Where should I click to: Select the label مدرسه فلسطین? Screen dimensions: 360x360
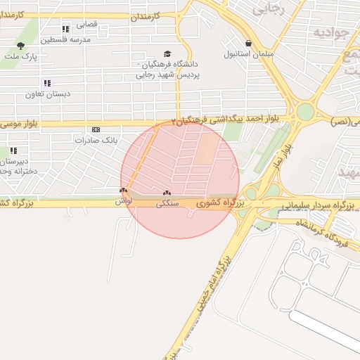[65, 39]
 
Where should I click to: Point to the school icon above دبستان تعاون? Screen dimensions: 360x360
[47, 83]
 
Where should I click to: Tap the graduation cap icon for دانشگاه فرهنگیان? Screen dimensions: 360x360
[167, 54]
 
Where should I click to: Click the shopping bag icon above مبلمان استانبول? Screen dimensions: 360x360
[248, 43]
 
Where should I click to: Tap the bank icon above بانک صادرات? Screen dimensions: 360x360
[96, 129]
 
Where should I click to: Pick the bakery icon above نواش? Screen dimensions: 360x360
[124, 191]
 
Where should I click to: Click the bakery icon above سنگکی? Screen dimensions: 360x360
[167, 193]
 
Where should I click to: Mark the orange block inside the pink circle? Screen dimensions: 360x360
[207, 149]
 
